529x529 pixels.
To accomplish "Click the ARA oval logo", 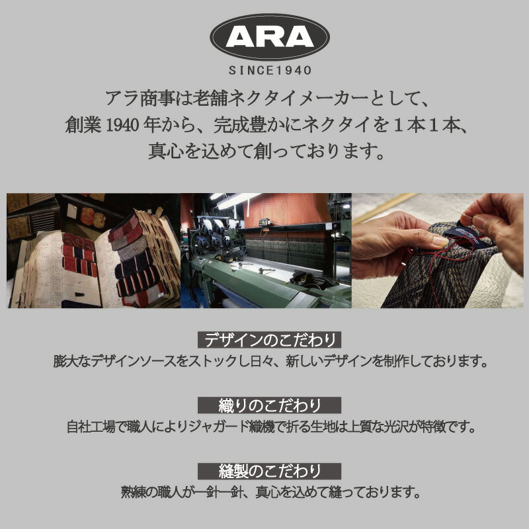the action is pos(270,37).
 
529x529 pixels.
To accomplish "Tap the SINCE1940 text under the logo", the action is pos(270,71).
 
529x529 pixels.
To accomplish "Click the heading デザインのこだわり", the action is pos(269,340).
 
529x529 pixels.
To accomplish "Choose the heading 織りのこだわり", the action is pos(269,405).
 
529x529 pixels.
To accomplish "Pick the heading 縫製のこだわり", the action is pos(269,471).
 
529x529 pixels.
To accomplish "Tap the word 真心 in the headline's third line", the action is pos(166,151).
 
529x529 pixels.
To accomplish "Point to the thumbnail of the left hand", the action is pos(440,241).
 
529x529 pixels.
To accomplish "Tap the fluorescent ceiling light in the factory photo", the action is pos(236,200).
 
